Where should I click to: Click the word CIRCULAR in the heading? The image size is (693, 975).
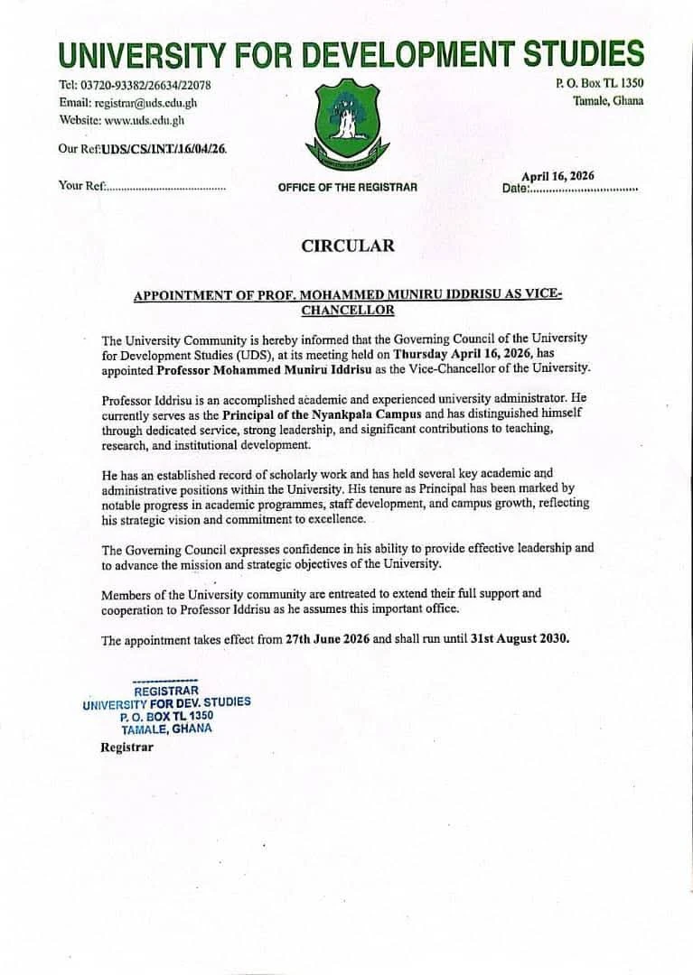pos(347,246)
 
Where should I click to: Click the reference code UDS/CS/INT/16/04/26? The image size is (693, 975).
pos(164,149)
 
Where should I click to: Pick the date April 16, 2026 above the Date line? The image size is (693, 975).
pos(557,176)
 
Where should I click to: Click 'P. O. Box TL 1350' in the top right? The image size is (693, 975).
pos(599,84)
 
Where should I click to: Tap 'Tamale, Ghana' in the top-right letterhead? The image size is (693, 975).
pos(608,100)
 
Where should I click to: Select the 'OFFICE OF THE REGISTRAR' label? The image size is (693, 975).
pos(348,187)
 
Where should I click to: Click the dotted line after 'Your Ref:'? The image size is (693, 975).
pos(166,187)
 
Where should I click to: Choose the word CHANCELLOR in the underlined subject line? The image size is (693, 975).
pos(347,310)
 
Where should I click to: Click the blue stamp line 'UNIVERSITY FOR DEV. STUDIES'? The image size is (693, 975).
pos(166,702)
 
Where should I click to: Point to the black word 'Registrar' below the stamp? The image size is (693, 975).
pos(126,747)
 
